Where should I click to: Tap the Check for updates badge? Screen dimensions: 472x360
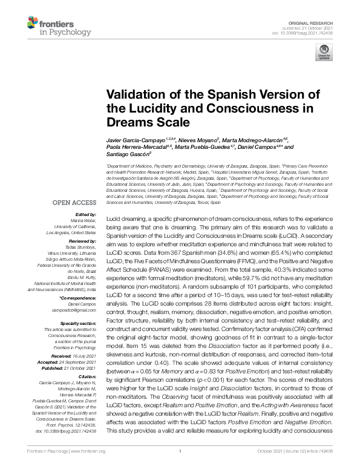click(324, 51)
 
